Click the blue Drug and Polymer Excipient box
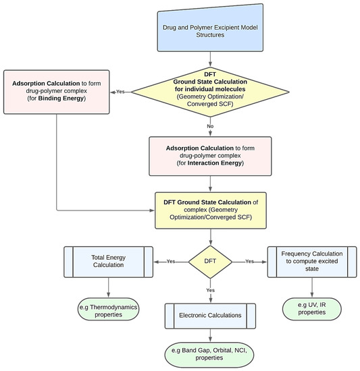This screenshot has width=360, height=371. click(211, 30)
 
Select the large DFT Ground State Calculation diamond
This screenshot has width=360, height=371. click(211, 92)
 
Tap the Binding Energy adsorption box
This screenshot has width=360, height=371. click(59, 91)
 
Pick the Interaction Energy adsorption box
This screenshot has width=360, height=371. click(211, 156)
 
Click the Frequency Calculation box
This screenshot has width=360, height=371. click(311, 261)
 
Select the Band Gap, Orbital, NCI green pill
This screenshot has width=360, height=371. click(211, 355)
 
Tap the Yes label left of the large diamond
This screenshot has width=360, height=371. click(120, 92)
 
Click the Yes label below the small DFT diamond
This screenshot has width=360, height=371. click(211, 290)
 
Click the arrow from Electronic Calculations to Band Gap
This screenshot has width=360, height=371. click(211, 337)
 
